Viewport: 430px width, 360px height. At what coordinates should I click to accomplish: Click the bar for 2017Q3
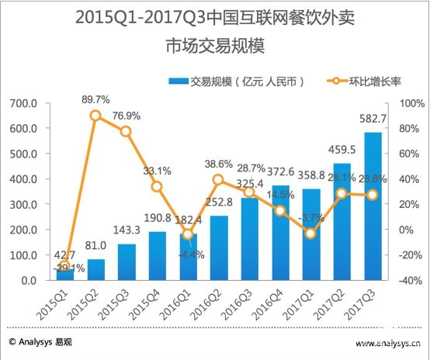[394, 206]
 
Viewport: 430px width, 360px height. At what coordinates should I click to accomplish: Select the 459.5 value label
[362, 150]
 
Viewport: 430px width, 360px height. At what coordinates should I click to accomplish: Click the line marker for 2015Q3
[125, 131]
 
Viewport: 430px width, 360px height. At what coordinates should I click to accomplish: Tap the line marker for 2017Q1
[310, 234]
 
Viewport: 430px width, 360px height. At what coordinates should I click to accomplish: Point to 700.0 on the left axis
[23, 103]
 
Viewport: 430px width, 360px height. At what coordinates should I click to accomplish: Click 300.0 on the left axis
[23, 205]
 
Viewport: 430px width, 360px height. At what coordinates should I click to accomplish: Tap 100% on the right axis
[413, 103]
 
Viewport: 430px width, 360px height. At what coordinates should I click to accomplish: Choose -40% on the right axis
[413, 281]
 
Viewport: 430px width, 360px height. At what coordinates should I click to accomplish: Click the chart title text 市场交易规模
[215, 47]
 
